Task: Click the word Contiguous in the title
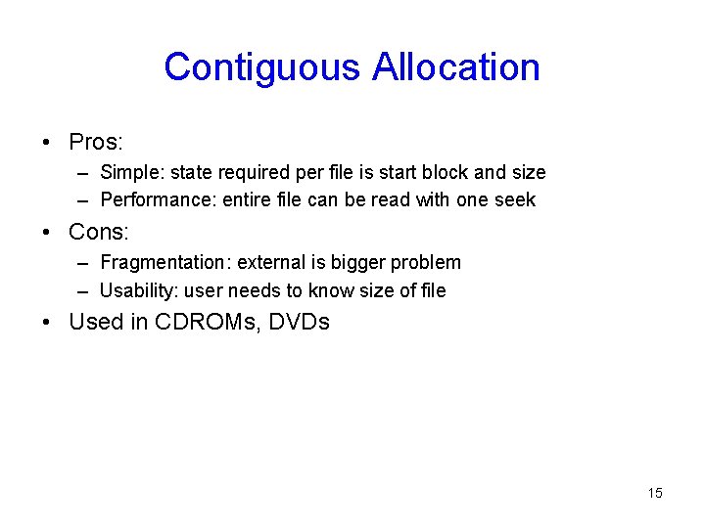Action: [262, 67]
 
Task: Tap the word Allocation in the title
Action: [456, 67]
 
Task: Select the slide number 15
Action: [655, 493]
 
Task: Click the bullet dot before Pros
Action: [47, 143]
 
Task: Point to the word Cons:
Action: [99, 232]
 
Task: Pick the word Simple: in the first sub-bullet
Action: [132, 173]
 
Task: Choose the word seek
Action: [516, 199]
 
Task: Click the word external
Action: [271, 262]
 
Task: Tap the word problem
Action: [426, 262]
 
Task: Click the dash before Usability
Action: [84, 290]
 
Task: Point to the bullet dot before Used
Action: [47, 323]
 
